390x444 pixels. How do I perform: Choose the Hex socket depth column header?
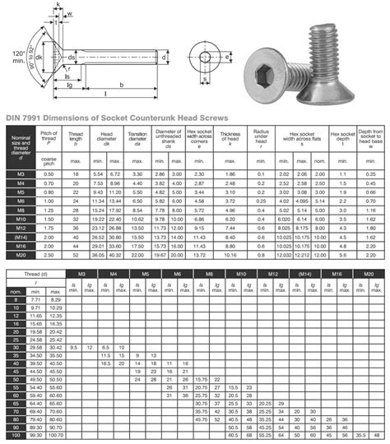(x=341, y=137)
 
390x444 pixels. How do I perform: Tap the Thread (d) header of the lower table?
(x=36, y=272)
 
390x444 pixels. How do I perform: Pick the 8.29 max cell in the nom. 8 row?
(x=54, y=302)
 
